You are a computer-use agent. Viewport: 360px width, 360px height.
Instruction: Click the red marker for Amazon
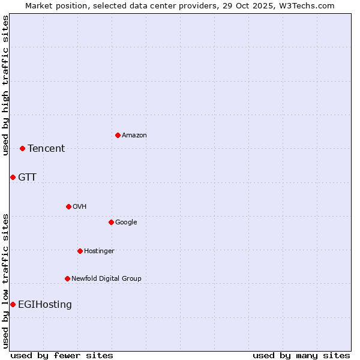(x=118, y=135)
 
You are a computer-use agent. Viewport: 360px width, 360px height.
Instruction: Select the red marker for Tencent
(x=22, y=148)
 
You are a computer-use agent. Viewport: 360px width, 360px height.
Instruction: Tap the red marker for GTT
(x=13, y=177)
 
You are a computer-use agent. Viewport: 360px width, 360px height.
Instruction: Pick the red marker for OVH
(x=68, y=206)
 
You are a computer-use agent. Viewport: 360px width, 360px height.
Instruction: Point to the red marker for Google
(x=111, y=222)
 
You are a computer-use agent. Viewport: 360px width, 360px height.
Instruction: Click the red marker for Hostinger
(x=80, y=251)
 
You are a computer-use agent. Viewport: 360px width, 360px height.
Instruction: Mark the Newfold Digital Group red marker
(x=67, y=278)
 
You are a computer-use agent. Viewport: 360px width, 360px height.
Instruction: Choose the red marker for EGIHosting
(x=13, y=304)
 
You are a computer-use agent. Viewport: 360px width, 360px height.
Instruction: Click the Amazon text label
(x=134, y=136)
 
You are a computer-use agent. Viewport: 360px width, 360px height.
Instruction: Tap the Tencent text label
(x=46, y=149)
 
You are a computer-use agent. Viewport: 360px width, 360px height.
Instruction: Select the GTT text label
(x=27, y=178)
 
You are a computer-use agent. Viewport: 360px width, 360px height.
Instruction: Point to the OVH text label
(x=80, y=207)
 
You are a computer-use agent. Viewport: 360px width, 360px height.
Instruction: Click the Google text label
(x=126, y=223)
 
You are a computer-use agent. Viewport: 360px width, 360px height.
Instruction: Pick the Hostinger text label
(x=99, y=251)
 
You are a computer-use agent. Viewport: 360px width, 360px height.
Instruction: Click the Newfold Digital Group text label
(x=106, y=279)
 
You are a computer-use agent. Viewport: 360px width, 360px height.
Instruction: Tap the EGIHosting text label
(x=45, y=305)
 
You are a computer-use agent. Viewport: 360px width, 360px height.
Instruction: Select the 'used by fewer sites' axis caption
(x=62, y=355)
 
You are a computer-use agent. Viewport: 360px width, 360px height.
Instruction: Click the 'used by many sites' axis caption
(x=301, y=355)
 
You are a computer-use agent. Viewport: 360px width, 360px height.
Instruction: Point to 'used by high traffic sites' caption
(x=6, y=85)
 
